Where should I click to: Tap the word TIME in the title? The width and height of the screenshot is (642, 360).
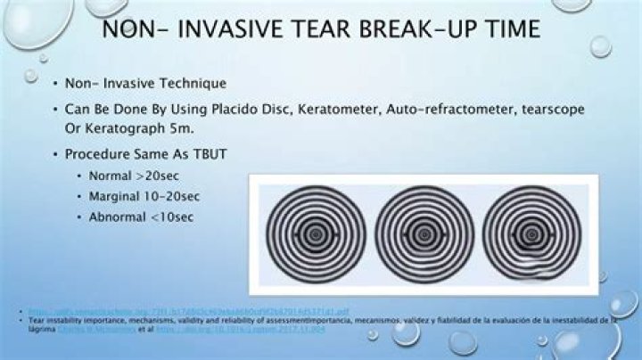506,29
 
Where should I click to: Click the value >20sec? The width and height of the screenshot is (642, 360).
160,176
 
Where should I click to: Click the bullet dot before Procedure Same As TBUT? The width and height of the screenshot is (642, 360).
55,155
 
